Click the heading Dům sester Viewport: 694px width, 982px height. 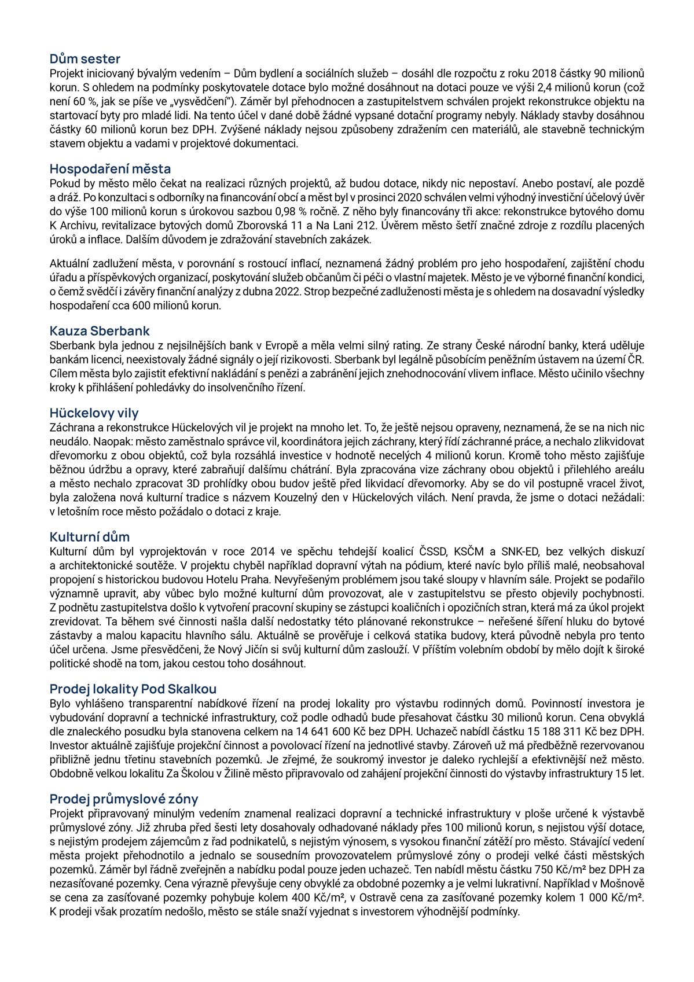[x=85, y=58]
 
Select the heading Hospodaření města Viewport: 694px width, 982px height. [x=110, y=169]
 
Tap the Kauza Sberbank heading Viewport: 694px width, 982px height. [x=99, y=331]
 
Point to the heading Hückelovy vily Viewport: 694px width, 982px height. [x=94, y=413]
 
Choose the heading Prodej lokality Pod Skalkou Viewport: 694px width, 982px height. [x=133, y=689]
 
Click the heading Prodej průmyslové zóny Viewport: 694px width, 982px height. [x=123, y=799]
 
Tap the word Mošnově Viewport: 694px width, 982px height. [x=622, y=884]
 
